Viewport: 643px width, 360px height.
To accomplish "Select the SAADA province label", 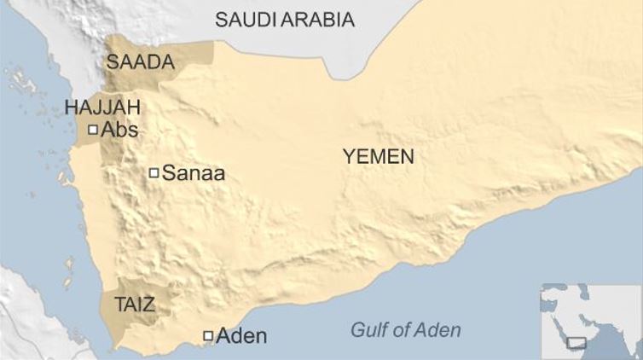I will pyautogui.click(x=140, y=61).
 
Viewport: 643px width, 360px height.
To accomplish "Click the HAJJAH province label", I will pyautogui.click(x=102, y=107).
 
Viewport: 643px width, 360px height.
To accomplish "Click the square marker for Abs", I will pyautogui.click(x=93, y=130).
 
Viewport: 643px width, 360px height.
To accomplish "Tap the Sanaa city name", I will pyautogui.click(x=193, y=173).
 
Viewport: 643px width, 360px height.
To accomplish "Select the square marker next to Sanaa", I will pyautogui.click(x=154, y=172).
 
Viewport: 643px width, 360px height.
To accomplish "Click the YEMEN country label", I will pyautogui.click(x=378, y=156).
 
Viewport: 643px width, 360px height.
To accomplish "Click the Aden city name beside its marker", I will pyautogui.click(x=241, y=336).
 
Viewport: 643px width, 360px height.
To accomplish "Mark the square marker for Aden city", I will pyautogui.click(x=207, y=336).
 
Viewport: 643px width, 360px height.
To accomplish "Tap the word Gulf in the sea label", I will pyautogui.click(x=370, y=330).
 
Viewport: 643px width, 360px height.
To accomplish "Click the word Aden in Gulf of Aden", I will pyautogui.click(x=438, y=330).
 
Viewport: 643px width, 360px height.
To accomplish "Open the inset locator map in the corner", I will pyautogui.click(x=589, y=320).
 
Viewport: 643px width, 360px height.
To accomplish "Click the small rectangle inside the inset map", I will pyautogui.click(x=576, y=342).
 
